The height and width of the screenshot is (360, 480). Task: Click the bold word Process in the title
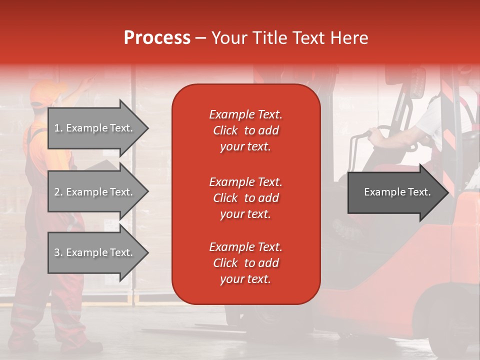point(157,38)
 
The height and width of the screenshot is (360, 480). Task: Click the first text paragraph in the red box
point(245,130)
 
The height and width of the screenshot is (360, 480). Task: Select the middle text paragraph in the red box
point(245,198)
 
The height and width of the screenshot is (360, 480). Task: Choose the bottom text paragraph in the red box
point(245,263)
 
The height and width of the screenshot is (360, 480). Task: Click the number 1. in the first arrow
point(58,128)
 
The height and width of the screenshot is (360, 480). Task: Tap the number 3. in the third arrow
point(58,252)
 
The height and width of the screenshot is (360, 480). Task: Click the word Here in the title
point(349,38)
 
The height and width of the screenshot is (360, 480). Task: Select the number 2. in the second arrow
point(58,192)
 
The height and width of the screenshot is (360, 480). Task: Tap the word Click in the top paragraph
point(225,130)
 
